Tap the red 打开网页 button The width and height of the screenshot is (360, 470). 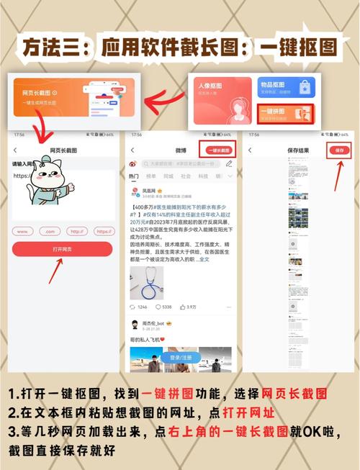pyautogui.click(x=62, y=248)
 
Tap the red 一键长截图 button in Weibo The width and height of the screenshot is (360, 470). pyautogui.click(x=219, y=150)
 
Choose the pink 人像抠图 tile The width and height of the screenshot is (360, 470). pyautogui.click(x=222, y=101)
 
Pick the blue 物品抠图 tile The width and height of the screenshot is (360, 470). pyautogui.click(x=284, y=90)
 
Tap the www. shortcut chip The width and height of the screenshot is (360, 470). pyautogui.click(x=24, y=231)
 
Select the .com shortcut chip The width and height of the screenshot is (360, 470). pyautogui.click(x=49, y=231)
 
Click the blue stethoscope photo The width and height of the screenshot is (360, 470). pyautogui.click(x=146, y=283)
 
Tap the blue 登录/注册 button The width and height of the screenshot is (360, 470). pyautogui.click(x=180, y=357)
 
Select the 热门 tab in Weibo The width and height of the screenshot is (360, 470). pyautogui.click(x=134, y=176)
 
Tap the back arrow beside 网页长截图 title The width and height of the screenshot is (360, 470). pyautogui.click(x=16, y=150)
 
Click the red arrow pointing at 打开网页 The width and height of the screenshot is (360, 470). pyautogui.click(x=55, y=272)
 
